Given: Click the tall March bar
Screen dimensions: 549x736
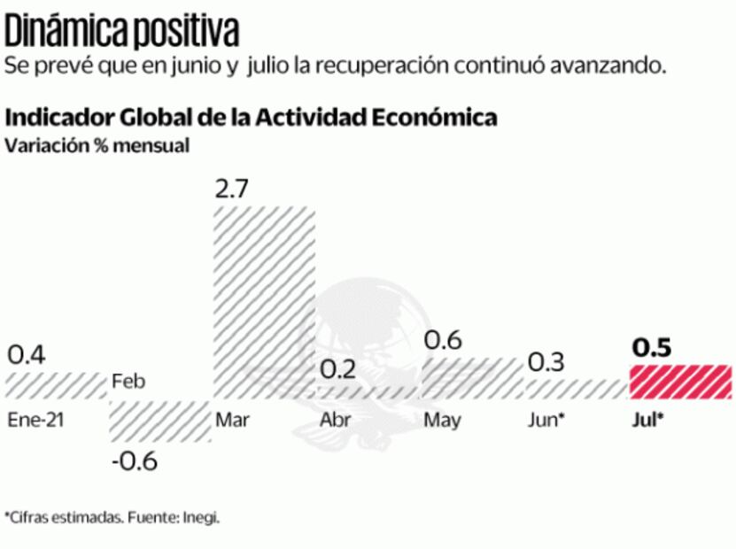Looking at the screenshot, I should [265, 302].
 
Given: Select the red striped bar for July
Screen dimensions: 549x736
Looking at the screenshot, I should [680, 382].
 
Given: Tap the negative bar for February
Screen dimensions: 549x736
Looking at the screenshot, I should [159, 421].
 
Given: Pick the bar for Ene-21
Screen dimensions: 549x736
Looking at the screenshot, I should [56, 385].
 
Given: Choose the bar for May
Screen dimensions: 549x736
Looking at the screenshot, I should [472, 378].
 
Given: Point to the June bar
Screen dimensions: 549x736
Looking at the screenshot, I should [576, 389].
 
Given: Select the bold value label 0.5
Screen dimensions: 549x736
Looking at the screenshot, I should [651, 348].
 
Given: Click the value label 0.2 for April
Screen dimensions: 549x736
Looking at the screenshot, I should [337, 369].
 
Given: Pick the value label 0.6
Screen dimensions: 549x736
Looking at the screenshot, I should [442, 339].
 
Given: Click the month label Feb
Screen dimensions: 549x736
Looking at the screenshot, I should [128, 383].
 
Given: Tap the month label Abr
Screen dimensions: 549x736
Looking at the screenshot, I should [334, 420].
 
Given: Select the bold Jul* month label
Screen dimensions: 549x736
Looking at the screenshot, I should [647, 420].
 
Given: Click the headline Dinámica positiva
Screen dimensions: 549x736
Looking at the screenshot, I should [122, 33].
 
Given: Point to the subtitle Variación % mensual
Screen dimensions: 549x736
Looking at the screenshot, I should [97, 146].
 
